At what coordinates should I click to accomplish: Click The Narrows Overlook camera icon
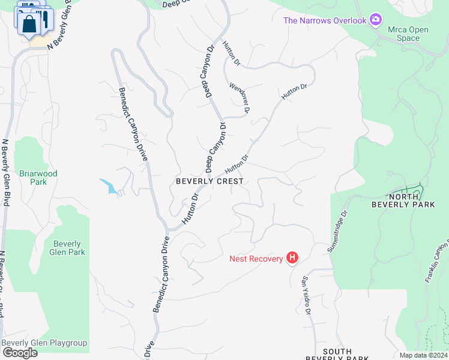coord(376,20)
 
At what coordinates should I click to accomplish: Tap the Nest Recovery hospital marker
coord(292,258)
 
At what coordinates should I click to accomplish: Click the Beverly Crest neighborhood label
coord(209,181)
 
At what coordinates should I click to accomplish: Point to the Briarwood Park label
coord(38,177)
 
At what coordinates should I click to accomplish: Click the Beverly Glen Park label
coord(69,248)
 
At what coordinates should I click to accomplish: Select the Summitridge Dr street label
coord(337,231)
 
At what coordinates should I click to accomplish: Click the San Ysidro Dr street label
coord(306,295)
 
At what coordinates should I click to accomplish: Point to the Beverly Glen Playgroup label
coord(44,343)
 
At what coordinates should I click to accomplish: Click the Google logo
coord(20,353)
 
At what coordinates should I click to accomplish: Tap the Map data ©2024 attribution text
coord(423,355)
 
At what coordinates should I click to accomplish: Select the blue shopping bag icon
coord(28,25)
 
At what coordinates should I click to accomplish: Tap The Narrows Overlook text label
coord(325,20)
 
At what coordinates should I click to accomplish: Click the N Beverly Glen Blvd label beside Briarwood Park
coord(5,173)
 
